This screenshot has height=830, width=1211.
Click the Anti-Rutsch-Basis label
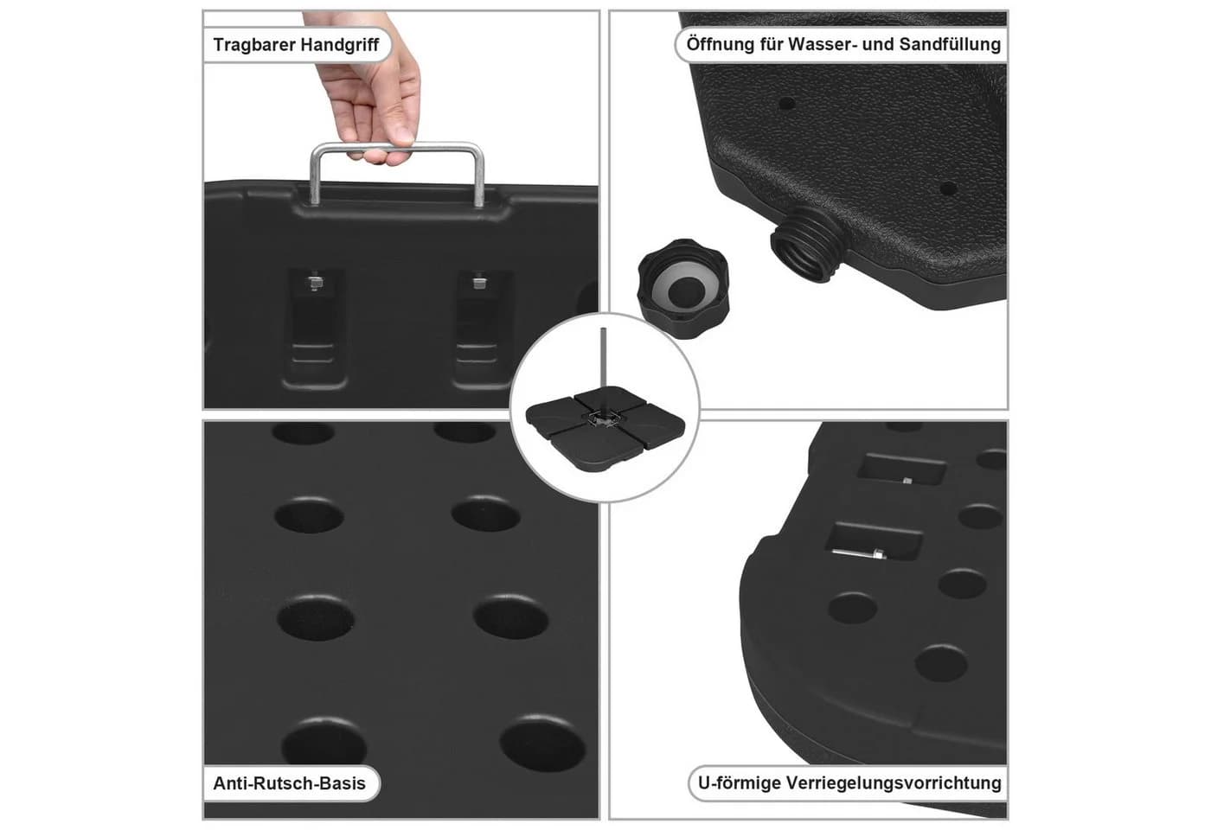click(289, 783)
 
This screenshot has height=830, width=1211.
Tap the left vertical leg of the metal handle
click(315, 176)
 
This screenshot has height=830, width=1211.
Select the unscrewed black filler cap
click(683, 288)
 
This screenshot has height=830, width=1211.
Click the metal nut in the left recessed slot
click(315, 283)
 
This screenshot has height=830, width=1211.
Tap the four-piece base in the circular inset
click(605, 428)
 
